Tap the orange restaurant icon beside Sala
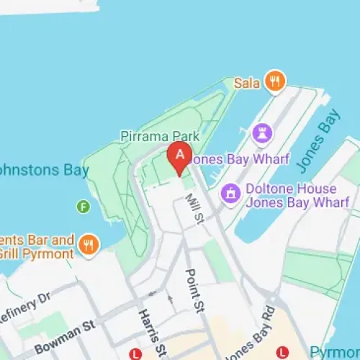(x=274, y=81)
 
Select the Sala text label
(x=246, y=83)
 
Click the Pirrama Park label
(x=159, y=135)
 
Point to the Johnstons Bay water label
(x=43, y=171)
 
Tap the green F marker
(x=84, y=207)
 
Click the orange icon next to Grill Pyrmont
(x=89, y=244)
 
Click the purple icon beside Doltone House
(x=230, y=192)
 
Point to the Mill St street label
(x=193, y=208)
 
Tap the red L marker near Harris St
(x=135, y=354)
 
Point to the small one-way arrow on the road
(x=170, y=297)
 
